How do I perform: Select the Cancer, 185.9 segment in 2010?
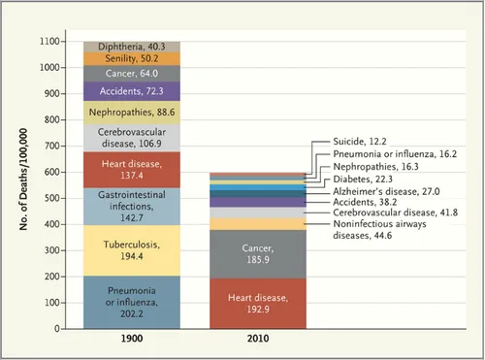tap(257, 254)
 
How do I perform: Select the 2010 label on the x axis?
tap(257, 340)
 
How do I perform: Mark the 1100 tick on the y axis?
tap(50, 42)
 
